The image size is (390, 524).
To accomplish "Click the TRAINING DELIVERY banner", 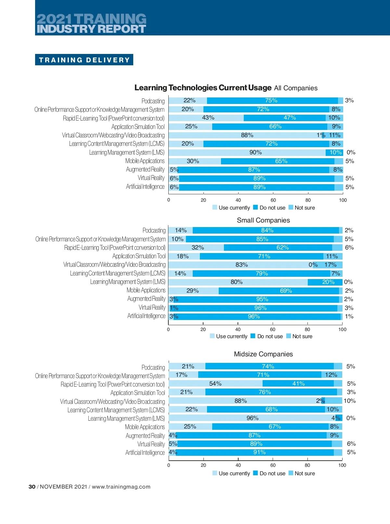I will (84, 60).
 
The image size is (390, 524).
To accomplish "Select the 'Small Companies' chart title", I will (263, 220).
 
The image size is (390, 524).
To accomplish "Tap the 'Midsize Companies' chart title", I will (263, 354).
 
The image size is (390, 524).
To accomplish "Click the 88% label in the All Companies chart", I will (247, 135).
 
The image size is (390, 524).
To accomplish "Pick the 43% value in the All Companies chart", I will (208, 118).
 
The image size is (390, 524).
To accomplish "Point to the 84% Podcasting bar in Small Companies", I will (267, 230).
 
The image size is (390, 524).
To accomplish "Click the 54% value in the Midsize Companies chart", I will (215, 384).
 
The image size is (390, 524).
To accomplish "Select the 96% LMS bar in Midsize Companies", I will (252, 418).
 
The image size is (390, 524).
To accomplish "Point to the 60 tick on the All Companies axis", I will (273, 200).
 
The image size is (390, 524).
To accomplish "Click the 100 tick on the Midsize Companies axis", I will (342, 465).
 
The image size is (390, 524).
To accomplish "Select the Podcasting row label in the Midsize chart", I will (153, 367).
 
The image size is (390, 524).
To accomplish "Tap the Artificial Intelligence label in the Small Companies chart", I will (146, 316).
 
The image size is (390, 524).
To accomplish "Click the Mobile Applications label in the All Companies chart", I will (145, 161).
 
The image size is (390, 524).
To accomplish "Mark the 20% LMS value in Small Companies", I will (328, 282).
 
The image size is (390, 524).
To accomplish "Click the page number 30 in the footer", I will (32, 487).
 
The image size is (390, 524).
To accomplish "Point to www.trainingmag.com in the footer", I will (121, 487).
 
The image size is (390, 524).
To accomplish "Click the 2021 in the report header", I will (54, 19).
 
